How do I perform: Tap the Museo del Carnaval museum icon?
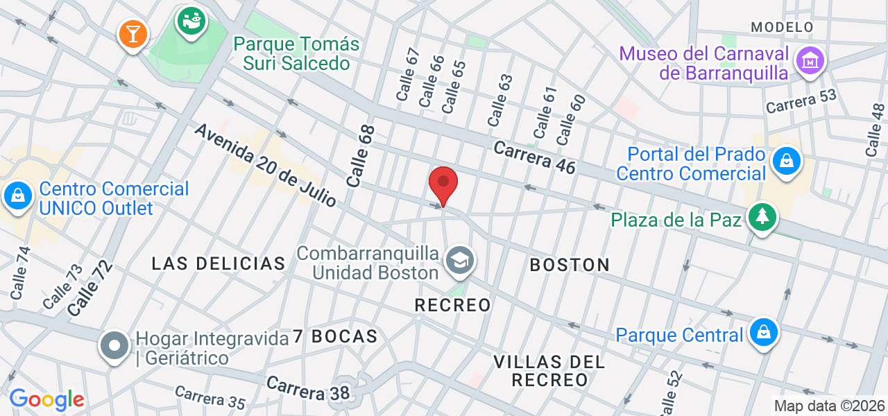pos(810,62)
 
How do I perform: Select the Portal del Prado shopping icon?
pos(787,162)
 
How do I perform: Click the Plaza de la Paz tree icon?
pos(762,218)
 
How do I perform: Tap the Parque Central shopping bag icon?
pos(764,333)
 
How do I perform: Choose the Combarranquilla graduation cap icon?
pos(459,261)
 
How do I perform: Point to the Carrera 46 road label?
pos(534,157)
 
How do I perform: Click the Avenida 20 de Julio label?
pos(265,166)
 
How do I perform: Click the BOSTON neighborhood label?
pos(570,265)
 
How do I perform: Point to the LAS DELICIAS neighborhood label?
pos(219,263)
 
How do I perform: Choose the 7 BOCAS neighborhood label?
pos(335,337)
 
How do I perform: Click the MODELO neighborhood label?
pos(782,27)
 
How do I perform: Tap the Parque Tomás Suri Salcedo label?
pos(296,54)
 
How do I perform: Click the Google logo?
pos(46,399)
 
